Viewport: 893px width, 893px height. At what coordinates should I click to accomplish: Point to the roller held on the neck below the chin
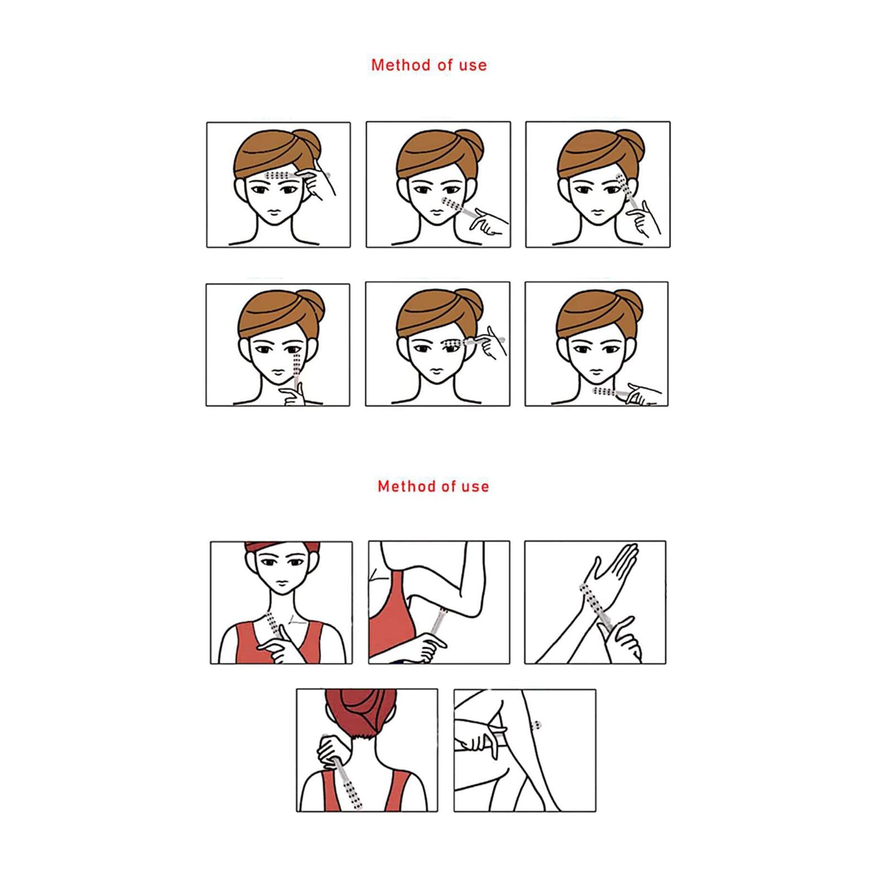click(612, 392)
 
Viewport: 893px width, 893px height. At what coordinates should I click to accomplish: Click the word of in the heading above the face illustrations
click(445, 65)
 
